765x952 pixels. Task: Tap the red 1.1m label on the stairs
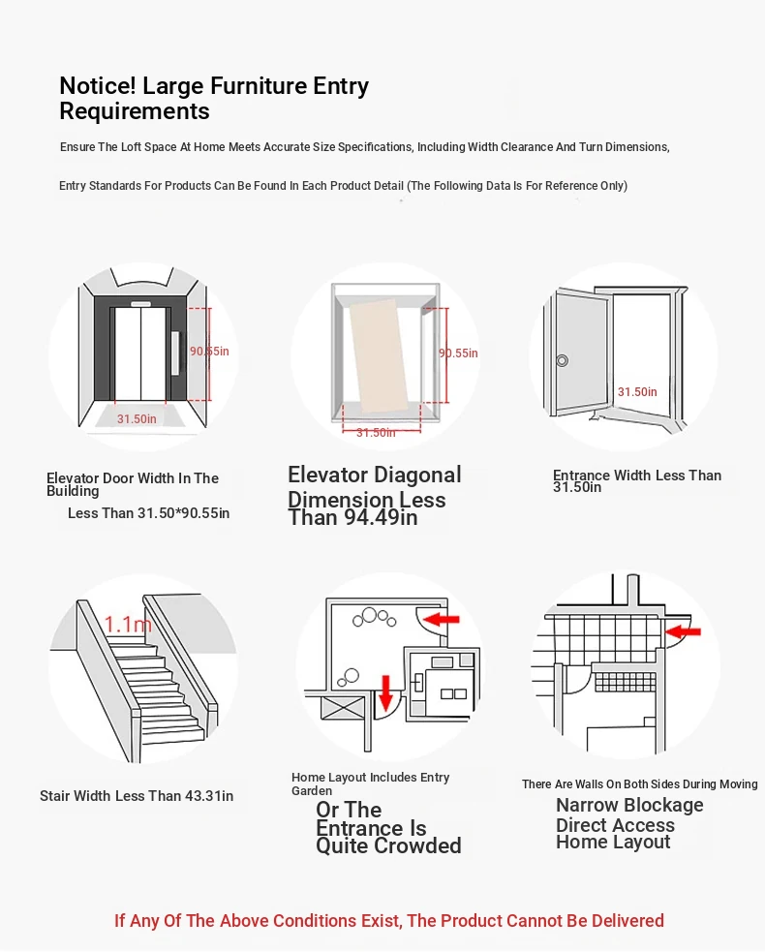click(128, 624)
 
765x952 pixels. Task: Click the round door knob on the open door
click(562, 360)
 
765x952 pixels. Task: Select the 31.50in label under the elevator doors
click(137, 419)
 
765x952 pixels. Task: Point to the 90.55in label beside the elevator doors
click(209, 351)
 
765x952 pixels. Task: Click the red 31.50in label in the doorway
click(637, 392)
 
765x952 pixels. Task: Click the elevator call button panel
click(176, 353)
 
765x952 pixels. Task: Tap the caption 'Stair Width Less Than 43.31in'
click(137, 796)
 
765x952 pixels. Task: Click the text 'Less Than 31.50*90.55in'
click(149, 513)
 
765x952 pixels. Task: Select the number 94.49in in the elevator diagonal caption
click(381, 518)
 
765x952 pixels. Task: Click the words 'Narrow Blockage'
click(629, 806)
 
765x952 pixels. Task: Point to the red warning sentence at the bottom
click(389, 920)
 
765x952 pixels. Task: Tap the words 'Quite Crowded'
click(388, 846)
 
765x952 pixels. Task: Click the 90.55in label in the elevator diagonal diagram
click(458, 353)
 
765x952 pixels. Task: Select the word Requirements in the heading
click(135, 111)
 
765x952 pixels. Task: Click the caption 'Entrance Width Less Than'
click(637, 476)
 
